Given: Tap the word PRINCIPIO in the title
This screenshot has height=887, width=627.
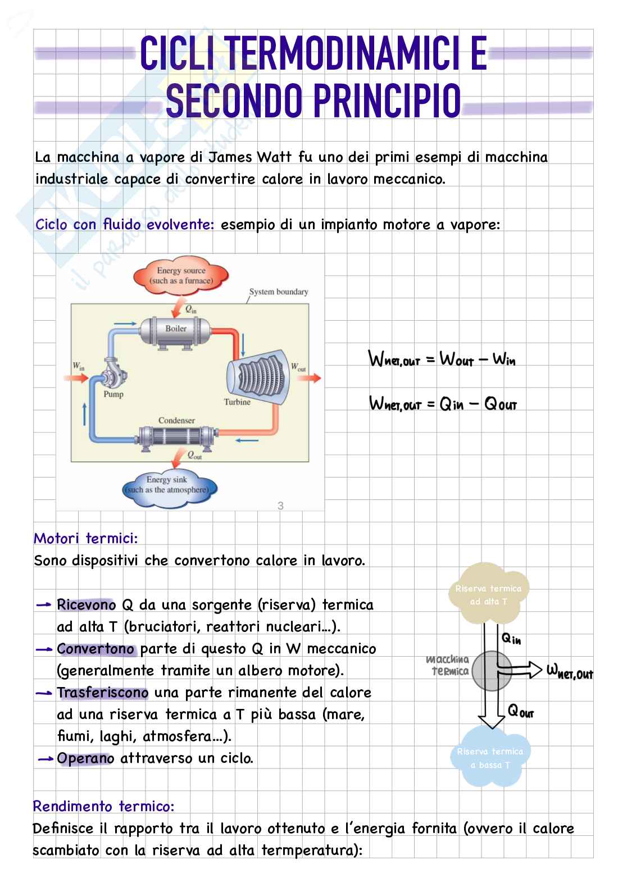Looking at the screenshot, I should (x=387, y=102).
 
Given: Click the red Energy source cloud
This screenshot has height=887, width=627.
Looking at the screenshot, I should (x=181, y=275).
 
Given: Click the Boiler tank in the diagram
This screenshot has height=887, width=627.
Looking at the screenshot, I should (x=176, y=332).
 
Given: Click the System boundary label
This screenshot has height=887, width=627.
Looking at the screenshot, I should (x=278, y=292).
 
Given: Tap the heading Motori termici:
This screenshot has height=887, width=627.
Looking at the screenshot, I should (x=85, y=539).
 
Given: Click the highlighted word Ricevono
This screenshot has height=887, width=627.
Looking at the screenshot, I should (x=86, y=605).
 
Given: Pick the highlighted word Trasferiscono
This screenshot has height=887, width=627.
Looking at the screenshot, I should (x=102, y=693).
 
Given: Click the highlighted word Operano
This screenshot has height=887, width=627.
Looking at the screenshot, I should (x=85, y=758).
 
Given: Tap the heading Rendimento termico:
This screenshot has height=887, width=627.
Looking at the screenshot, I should (x=103, y=806).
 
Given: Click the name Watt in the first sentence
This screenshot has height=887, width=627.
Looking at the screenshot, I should (x=274, y=157).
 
